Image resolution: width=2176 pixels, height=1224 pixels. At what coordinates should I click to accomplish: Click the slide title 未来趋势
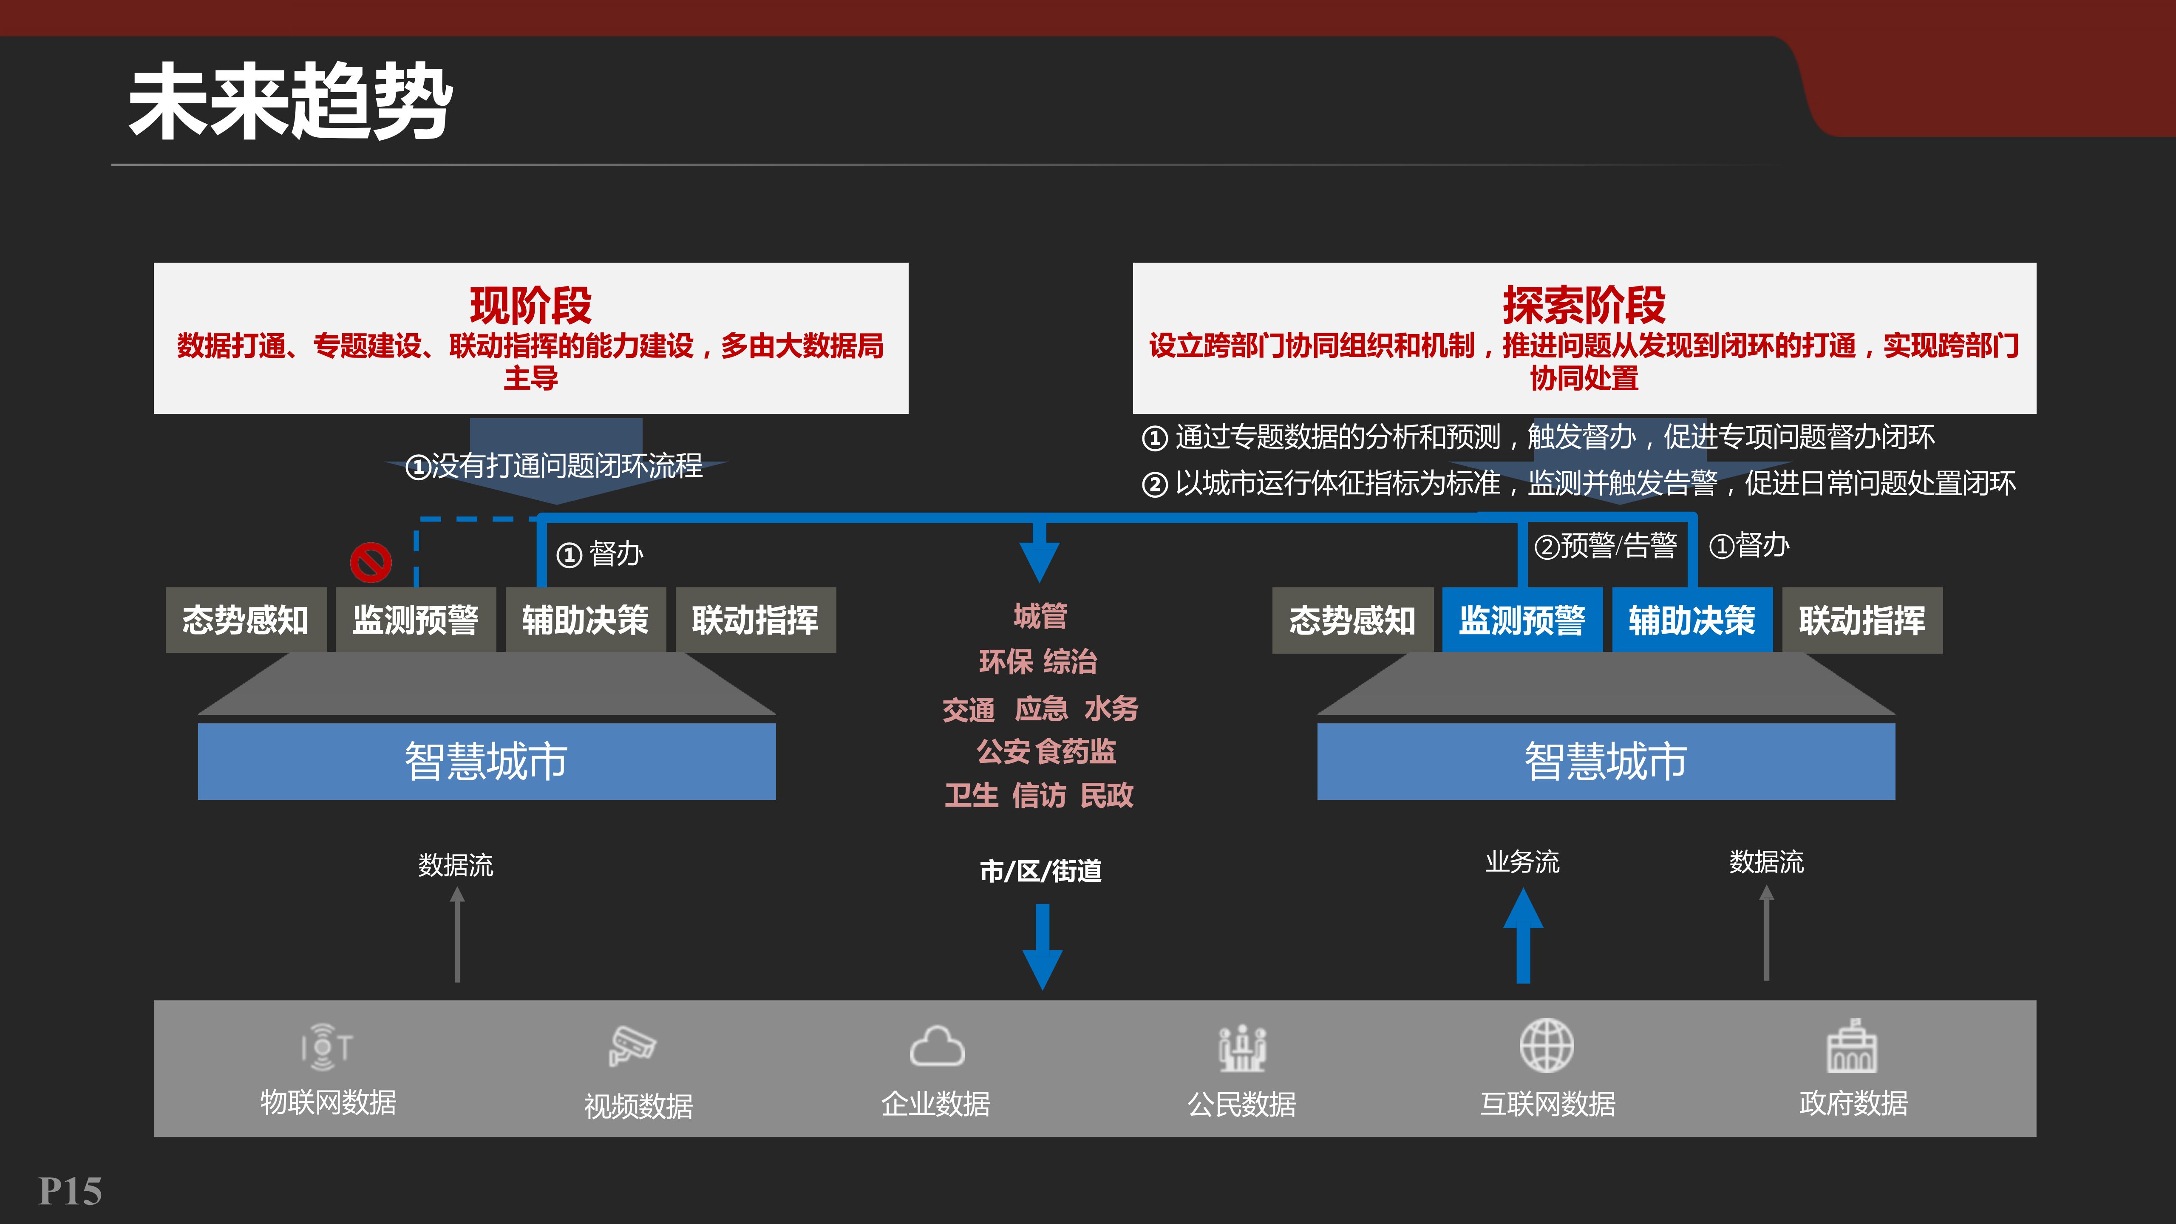point(290,102)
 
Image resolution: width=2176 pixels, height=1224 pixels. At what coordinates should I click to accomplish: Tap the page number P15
point(70,1191)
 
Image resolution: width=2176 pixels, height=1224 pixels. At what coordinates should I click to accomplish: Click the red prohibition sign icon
point(371,562)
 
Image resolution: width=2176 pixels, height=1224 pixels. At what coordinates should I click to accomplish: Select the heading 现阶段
point(530,305)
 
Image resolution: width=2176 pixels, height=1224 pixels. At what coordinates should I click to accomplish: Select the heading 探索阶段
point(1584,305)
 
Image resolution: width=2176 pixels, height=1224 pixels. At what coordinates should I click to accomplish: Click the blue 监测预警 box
point(1521,620)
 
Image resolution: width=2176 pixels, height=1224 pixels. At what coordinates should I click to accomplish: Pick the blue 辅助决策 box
point(1692,620)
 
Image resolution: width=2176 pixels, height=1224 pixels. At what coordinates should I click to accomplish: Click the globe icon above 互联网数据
point(1547,1046)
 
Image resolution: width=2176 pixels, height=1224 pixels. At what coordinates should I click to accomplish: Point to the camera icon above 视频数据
point(633,1046)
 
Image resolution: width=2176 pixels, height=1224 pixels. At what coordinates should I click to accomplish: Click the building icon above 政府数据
point(1852,1046)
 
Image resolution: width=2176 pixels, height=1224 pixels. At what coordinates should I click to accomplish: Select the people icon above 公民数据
point(1242,1048)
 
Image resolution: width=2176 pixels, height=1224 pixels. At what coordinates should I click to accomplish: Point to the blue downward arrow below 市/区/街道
point(1043,946)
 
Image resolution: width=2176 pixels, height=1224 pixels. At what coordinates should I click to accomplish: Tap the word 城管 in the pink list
point(1041,616)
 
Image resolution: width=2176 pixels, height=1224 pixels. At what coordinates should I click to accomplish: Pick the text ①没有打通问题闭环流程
point(554,465)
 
